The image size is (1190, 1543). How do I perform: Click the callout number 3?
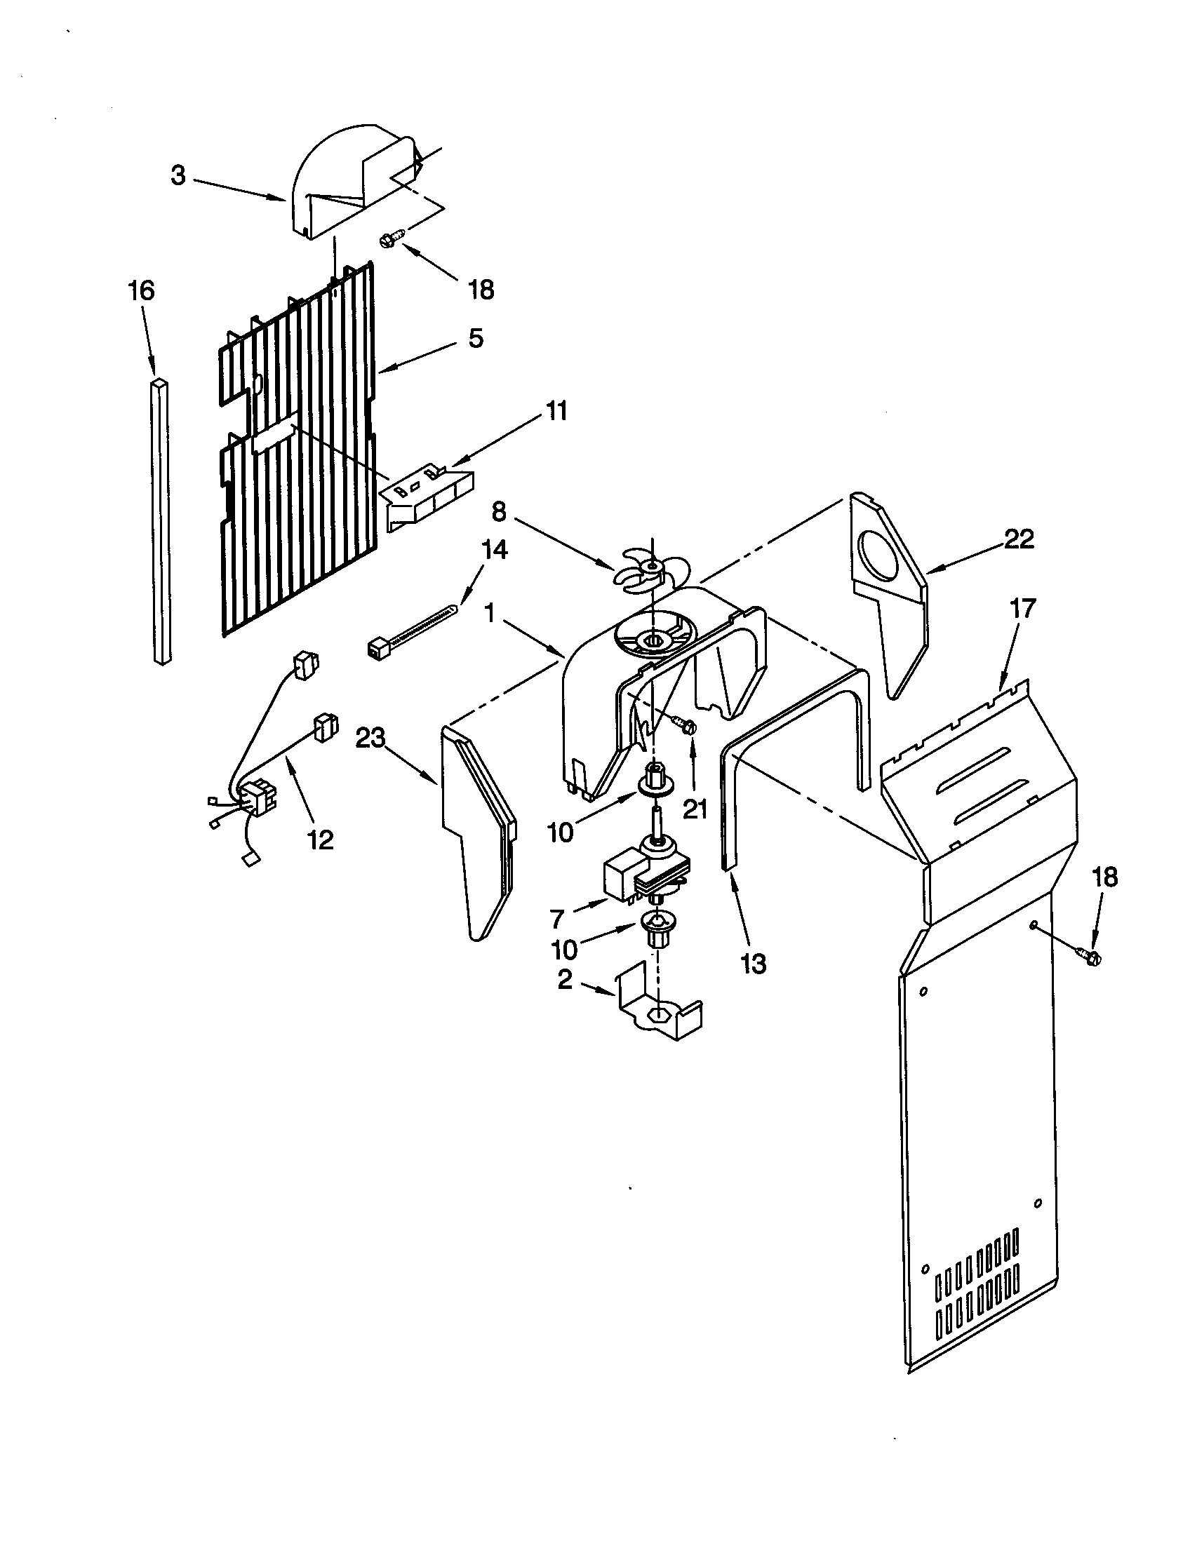(x=178, y=175)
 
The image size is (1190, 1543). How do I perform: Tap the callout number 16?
(x=141, y=290)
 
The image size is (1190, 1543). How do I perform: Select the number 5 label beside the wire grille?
(x=476, y=339)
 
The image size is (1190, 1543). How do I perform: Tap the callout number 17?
(x=1022, y=607)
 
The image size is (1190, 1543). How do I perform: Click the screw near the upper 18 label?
(x=391, y=238)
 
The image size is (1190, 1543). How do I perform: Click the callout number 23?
(x=370, y=739)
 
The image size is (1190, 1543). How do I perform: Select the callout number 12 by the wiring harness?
(x=321, y=840)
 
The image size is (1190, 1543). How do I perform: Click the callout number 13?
(x=754, y=963)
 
